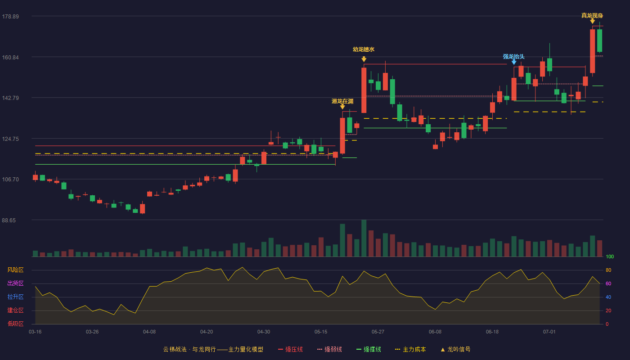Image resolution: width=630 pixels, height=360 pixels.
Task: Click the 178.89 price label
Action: [x=10, y=17]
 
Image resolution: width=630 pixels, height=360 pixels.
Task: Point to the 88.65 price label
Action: [x=9, y=220]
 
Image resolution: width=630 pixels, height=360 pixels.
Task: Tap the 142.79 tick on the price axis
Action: [x=10, y=98]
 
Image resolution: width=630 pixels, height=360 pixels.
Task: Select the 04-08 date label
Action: [x=149, y=332]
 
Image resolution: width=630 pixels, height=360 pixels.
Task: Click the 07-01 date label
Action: [x=549, y=332]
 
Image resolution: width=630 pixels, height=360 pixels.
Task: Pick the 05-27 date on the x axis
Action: [x=378, y=332]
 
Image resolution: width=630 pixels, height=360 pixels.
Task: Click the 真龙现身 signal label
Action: [x=592, y=15]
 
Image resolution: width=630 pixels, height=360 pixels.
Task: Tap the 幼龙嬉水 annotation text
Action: [x=364, y=49]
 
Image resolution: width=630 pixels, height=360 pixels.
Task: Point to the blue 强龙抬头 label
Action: [x=513, y=57]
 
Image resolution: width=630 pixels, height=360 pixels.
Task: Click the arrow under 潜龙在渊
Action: [x=342, y=107]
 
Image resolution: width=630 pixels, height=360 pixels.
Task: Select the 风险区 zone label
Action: [x=15, y=270]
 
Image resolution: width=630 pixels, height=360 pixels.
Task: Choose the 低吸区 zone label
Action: [x=15, y=324]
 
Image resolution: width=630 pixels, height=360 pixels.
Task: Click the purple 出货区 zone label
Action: [x=15, y=283]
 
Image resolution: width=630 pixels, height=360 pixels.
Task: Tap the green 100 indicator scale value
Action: [x=610, y=256]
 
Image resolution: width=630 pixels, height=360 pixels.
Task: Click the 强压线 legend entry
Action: [x=291, y=349]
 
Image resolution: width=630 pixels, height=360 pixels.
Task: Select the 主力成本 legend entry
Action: [x=410, y=349]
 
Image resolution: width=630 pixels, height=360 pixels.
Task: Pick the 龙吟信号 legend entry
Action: [x=455, y=349]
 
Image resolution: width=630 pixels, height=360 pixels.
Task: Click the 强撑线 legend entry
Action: [x=369, y=349]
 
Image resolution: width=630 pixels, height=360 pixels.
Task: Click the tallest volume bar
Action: [x=364, y=238]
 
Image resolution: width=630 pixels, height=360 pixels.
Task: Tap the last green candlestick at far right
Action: [x=599, y=40]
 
